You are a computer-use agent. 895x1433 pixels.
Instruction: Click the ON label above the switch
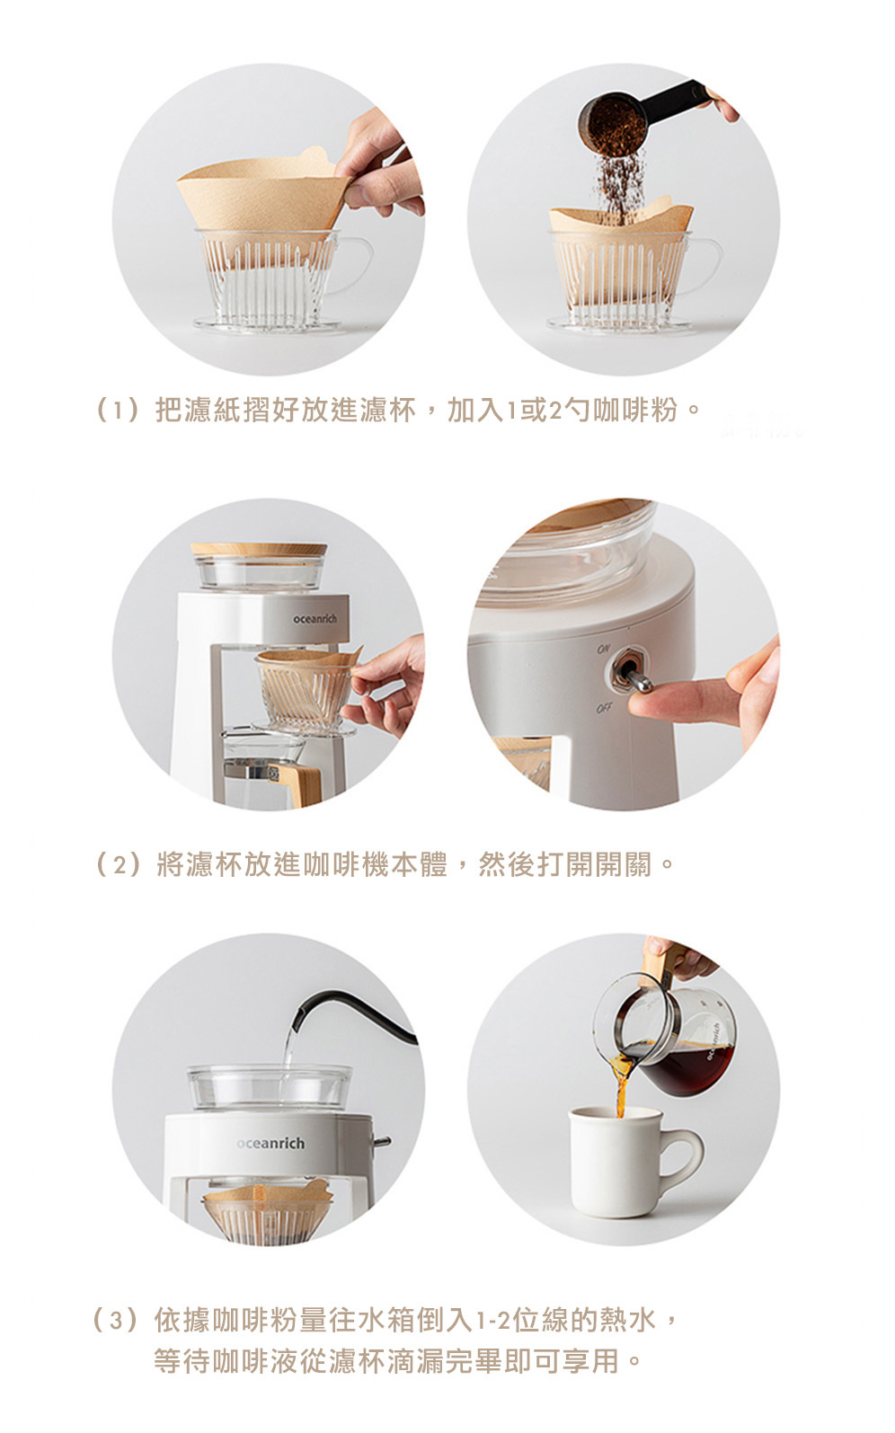click(x=603, y=649)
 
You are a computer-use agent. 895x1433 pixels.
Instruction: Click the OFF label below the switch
click(x=604, y=708)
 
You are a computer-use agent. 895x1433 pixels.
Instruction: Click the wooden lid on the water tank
click(x=259, y=549)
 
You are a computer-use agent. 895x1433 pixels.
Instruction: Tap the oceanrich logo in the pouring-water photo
click(x=270, y=1143)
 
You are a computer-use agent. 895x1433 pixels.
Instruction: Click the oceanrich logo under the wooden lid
click(x=315, y=619)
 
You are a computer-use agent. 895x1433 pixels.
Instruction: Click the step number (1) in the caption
click(x=117, y=410)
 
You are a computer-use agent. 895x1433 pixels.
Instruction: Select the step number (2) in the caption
click(x=117, y=864)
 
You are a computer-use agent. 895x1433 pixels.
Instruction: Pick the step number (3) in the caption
click(x=115, y=1320)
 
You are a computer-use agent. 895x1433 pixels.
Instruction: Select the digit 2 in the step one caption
click(x=555, y=410)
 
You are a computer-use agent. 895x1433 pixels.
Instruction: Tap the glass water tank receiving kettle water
click(x=269, y=1085)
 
